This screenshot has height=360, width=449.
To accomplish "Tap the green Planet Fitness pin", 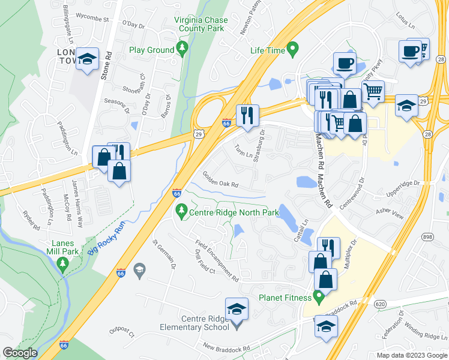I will click(319, 296).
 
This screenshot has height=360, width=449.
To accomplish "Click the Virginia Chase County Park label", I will click(201, 24).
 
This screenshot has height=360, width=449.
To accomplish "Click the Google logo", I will click(20, 353).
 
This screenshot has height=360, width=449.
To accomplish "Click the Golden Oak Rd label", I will click(220, 179).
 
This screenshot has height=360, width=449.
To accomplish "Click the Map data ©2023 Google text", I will click(411, 355).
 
